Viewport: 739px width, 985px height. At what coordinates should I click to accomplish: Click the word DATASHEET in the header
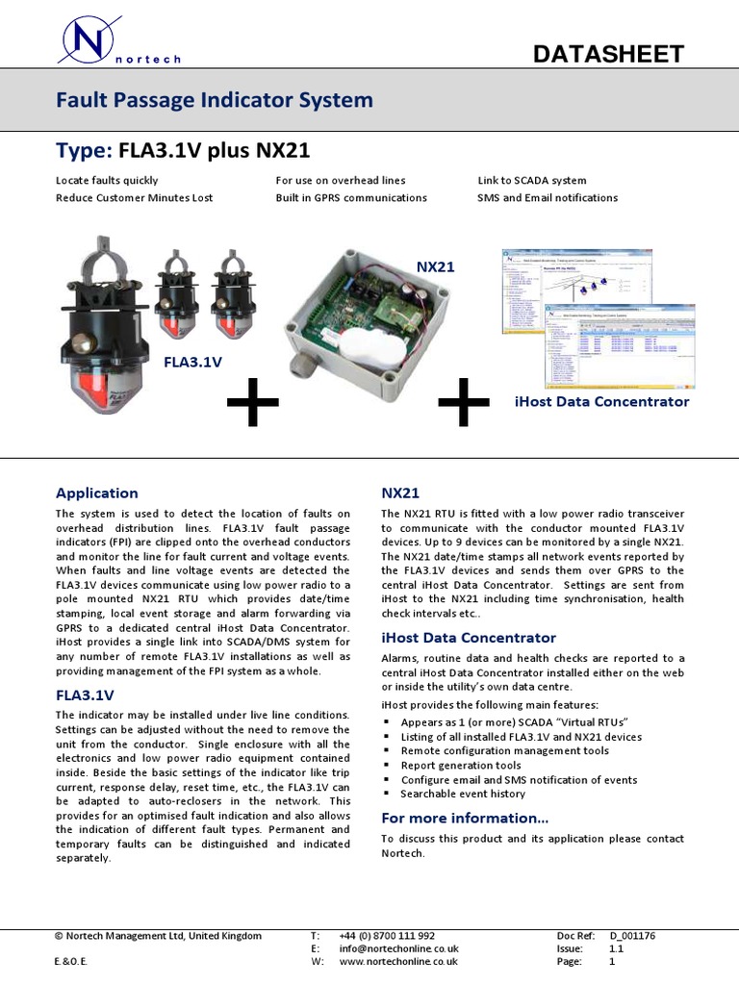(608, 54)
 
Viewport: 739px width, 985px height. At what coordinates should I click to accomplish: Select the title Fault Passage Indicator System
(214, 100)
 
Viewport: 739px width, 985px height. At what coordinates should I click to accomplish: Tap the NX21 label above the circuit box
(435, 265)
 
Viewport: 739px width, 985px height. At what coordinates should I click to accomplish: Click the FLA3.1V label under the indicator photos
(192, 362)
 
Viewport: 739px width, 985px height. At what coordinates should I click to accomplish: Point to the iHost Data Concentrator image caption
(601, 401)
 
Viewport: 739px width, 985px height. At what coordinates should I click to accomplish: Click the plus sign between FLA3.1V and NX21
(253, 406)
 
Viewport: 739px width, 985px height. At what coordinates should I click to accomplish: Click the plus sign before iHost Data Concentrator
(463, 405)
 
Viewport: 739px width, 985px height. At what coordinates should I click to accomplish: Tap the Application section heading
(96, 492)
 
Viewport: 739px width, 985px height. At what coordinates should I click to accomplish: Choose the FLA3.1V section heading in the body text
(85, 694)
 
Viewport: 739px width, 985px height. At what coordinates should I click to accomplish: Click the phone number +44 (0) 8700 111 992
(387, 935)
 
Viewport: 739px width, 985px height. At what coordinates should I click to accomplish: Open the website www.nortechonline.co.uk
(398, 960)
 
